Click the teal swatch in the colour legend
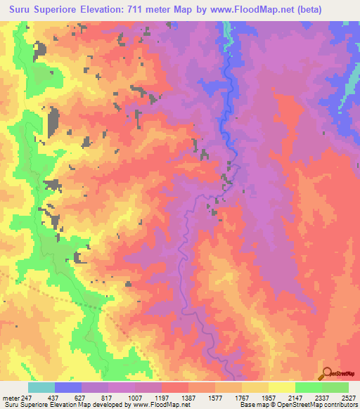(x=41, y=387)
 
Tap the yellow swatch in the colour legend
(x=281, y=387)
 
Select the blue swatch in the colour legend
(x=67, y=387)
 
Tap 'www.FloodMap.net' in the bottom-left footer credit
(x=154, y=405)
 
